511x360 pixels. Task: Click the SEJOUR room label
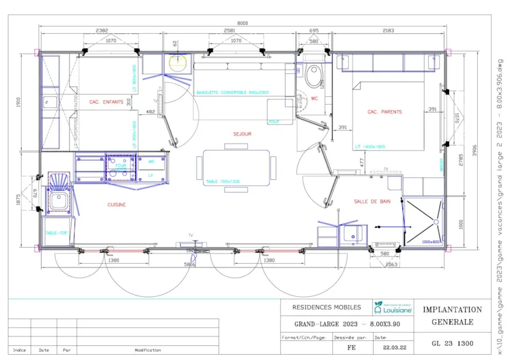(242, 134)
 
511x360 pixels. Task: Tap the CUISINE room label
(116, 205)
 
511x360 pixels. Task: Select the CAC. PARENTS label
(385, 112)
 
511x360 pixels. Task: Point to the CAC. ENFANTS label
(106, 102)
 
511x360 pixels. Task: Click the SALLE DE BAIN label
(372, 202)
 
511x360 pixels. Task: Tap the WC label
(314, 99)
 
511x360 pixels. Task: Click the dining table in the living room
(237, 167)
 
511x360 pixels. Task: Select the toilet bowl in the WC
(314, 77)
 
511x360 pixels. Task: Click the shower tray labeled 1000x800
(422, 221)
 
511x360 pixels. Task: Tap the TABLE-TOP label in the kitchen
(56, 234)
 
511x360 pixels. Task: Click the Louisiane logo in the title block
(393, 307)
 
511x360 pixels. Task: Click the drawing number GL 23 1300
(452, 343)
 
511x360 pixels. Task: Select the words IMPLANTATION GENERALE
(452, 315)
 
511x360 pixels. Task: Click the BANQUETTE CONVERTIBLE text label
(233, 93)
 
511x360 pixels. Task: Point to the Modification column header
(148, 350)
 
